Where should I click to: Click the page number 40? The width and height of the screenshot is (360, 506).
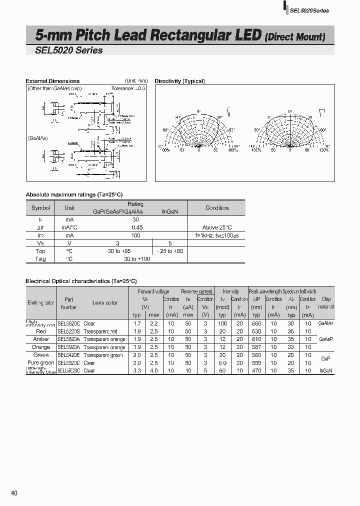click(x=14, y=493)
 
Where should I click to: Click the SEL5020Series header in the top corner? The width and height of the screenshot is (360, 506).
click(x=309, y=11)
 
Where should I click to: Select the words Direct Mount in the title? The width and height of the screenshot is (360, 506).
click(x=295, y=36)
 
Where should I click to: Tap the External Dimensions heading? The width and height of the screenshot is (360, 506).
click(x=52, y=81)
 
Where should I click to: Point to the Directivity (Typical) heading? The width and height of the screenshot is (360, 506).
click(x=179, y=81)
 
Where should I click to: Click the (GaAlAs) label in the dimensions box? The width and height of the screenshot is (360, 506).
click(x=37, y=138)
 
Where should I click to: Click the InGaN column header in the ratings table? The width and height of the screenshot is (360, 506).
click(x=170, y=211)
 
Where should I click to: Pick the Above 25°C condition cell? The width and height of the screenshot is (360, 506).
click(x=217, y=227)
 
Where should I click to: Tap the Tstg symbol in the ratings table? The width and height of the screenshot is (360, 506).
click(x=40, y=259)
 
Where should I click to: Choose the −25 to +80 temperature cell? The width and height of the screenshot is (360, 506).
click(x=170, y=251)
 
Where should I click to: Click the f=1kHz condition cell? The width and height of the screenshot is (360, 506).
click(x=217, y=235)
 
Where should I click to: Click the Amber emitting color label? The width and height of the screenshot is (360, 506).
click(x=41, y=339)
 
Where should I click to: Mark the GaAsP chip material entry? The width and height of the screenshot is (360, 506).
click(x=326, y=339)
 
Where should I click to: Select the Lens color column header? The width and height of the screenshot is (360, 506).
click(x=105, y=302)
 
